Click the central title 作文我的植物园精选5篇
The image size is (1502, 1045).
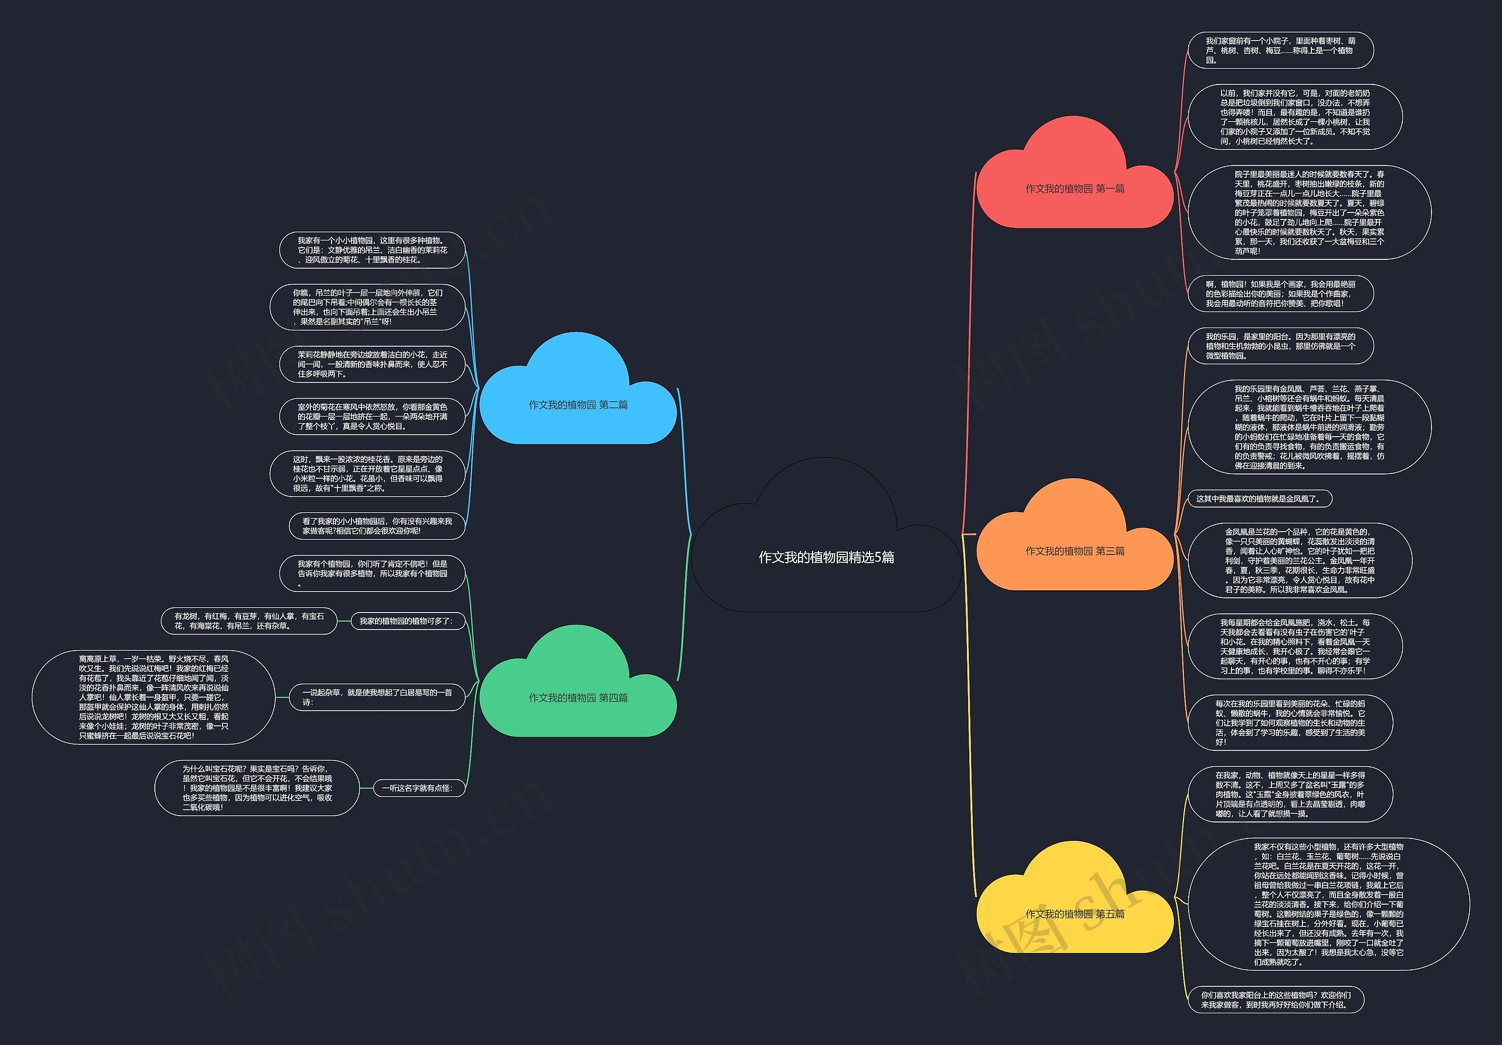(826, 557)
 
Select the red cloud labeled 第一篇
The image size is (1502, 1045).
(1074, 188)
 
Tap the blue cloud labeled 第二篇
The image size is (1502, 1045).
(578, 404)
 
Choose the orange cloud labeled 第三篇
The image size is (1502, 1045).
(1074, 551)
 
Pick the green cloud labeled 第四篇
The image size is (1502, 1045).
(578, 698)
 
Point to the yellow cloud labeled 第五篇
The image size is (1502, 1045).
(1074, 914)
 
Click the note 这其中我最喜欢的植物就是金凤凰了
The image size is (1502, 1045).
(1259, 499)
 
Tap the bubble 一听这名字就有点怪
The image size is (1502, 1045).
(417, 788)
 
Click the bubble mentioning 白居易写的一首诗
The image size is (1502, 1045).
(376, 697)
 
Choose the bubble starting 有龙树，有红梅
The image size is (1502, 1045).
(249, 620)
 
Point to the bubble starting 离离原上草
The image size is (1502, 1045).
(154, 697)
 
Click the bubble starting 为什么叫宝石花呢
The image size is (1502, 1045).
(257, 788)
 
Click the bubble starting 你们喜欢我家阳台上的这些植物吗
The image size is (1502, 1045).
(1275, 999)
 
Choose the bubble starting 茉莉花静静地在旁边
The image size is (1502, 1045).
(371, 364)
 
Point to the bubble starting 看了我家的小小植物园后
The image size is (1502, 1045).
(376, 526)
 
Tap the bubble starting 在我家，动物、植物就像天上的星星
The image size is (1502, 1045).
(1290, 794)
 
